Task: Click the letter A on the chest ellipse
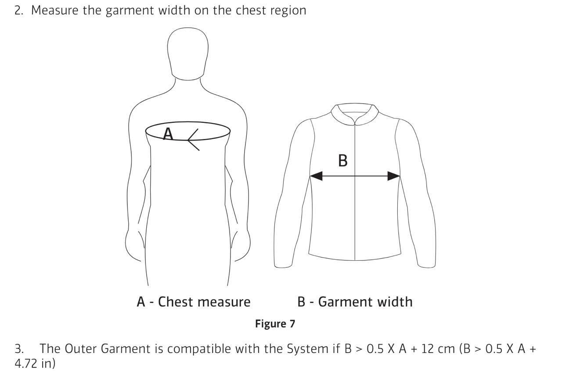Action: pos(168,133)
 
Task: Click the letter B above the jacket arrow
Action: pos(343,161)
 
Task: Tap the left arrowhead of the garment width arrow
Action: pos(316,176)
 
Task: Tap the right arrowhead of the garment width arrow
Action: pos(394,176)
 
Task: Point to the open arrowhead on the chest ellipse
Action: pos(193,140)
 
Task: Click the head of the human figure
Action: pos(187,54)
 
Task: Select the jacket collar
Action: pos(354,115)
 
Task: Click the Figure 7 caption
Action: pos(275,324)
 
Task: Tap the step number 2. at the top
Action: pos(19,11)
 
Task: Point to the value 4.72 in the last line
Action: pos(25,363)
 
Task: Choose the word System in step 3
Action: pos(307,349)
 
